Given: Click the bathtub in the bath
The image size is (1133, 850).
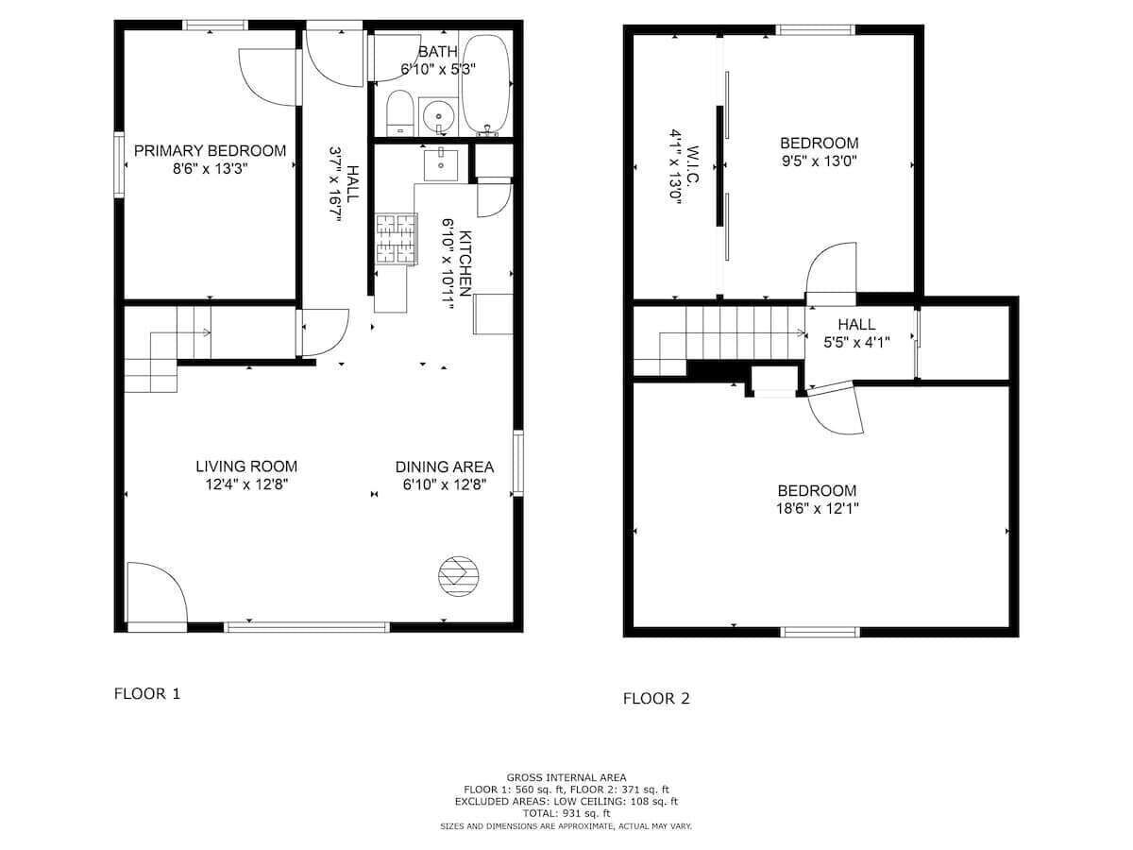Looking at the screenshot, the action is pyautogui.click(x=485, y=85).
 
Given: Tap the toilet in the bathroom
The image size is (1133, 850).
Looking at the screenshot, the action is pyautogui.click(x=400, y=113).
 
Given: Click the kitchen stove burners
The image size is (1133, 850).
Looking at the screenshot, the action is pyautogui.click(x=396, y=239).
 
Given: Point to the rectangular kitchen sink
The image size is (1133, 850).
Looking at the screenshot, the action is pyautogui.click(x=441, y=164).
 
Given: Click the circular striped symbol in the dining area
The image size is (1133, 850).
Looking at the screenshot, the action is pyautogui.click(x=458, y=576).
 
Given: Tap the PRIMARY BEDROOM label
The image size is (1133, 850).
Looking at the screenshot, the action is pyautogui.click(x=211, y=151).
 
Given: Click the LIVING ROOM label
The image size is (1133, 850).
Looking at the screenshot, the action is pyautogui.click(x=246, y=467).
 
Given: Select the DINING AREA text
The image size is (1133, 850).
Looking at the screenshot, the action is pyautogui.click(x=445, y=467).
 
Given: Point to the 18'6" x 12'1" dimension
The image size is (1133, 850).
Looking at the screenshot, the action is pyautogui.click(x=817, y=509).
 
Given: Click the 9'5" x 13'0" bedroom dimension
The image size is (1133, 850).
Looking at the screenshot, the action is pyautogui.click(x=820, y=161).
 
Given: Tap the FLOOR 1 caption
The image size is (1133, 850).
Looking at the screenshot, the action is pyautogui.click(x=147, y=693).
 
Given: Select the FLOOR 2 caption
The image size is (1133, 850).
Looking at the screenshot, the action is pyautogui.click(x=656, y=699).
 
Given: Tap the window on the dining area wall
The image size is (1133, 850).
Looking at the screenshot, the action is pyautogui.click(x=517, y=463).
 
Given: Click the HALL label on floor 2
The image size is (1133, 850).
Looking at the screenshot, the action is pyautogui.click(x=856, y=325).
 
